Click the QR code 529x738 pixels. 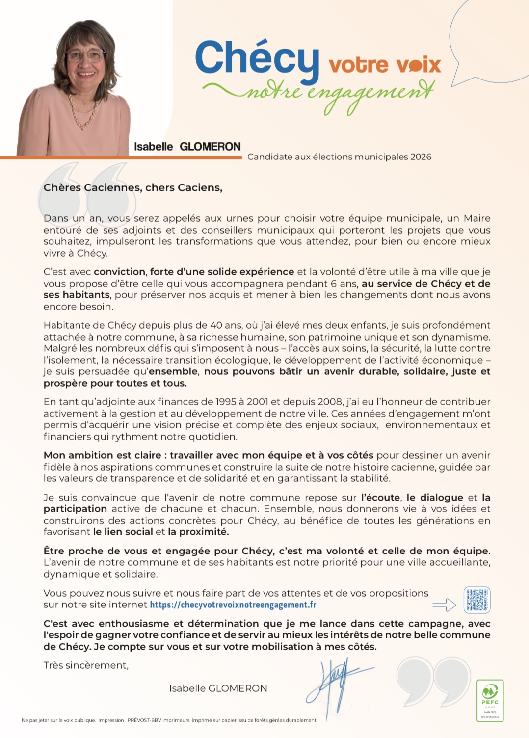point(476,600)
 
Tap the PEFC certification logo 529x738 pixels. point(490,700)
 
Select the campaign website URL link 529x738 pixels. point(233,605)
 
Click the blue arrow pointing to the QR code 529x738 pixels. point(444,606)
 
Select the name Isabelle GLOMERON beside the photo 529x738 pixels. point(187,146)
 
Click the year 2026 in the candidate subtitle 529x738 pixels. point(421,157)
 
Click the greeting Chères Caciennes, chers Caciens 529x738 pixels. point(132,187)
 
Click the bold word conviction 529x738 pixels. point(119,272)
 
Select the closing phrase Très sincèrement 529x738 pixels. point(86,665)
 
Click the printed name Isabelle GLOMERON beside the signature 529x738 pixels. point(218,688)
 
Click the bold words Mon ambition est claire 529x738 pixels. point(102,455)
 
